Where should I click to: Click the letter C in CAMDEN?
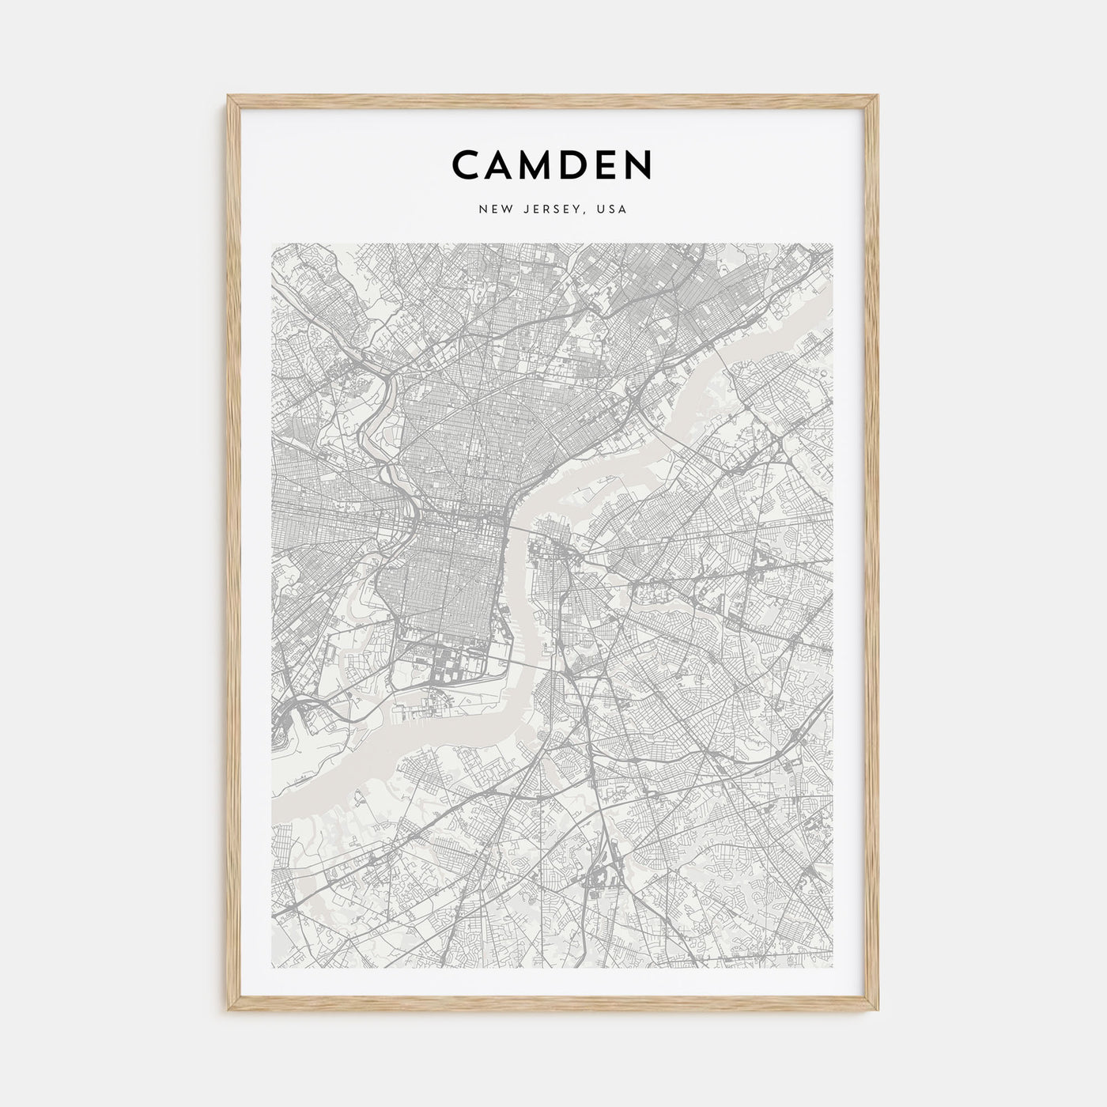(x=467, y=165)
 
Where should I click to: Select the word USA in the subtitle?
(x=612, y=210)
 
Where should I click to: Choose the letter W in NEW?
(x=502, y=210)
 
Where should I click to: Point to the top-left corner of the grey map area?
(x=271, y=244)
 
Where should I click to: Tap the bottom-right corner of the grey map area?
(x=833, y=967)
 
